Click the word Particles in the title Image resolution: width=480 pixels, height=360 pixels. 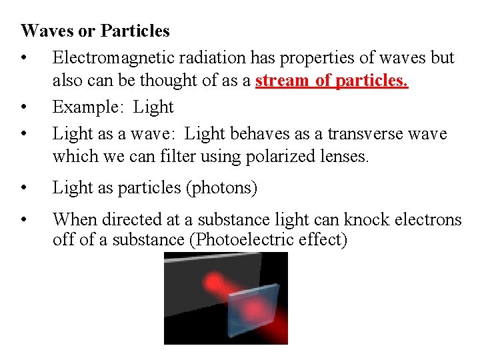[x=135, y=31]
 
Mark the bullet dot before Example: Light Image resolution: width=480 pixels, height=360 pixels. [x=24, y=107]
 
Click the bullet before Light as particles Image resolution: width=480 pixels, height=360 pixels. [x=24, y=188]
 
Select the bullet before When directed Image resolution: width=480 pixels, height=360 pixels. [x=24, y=219]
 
